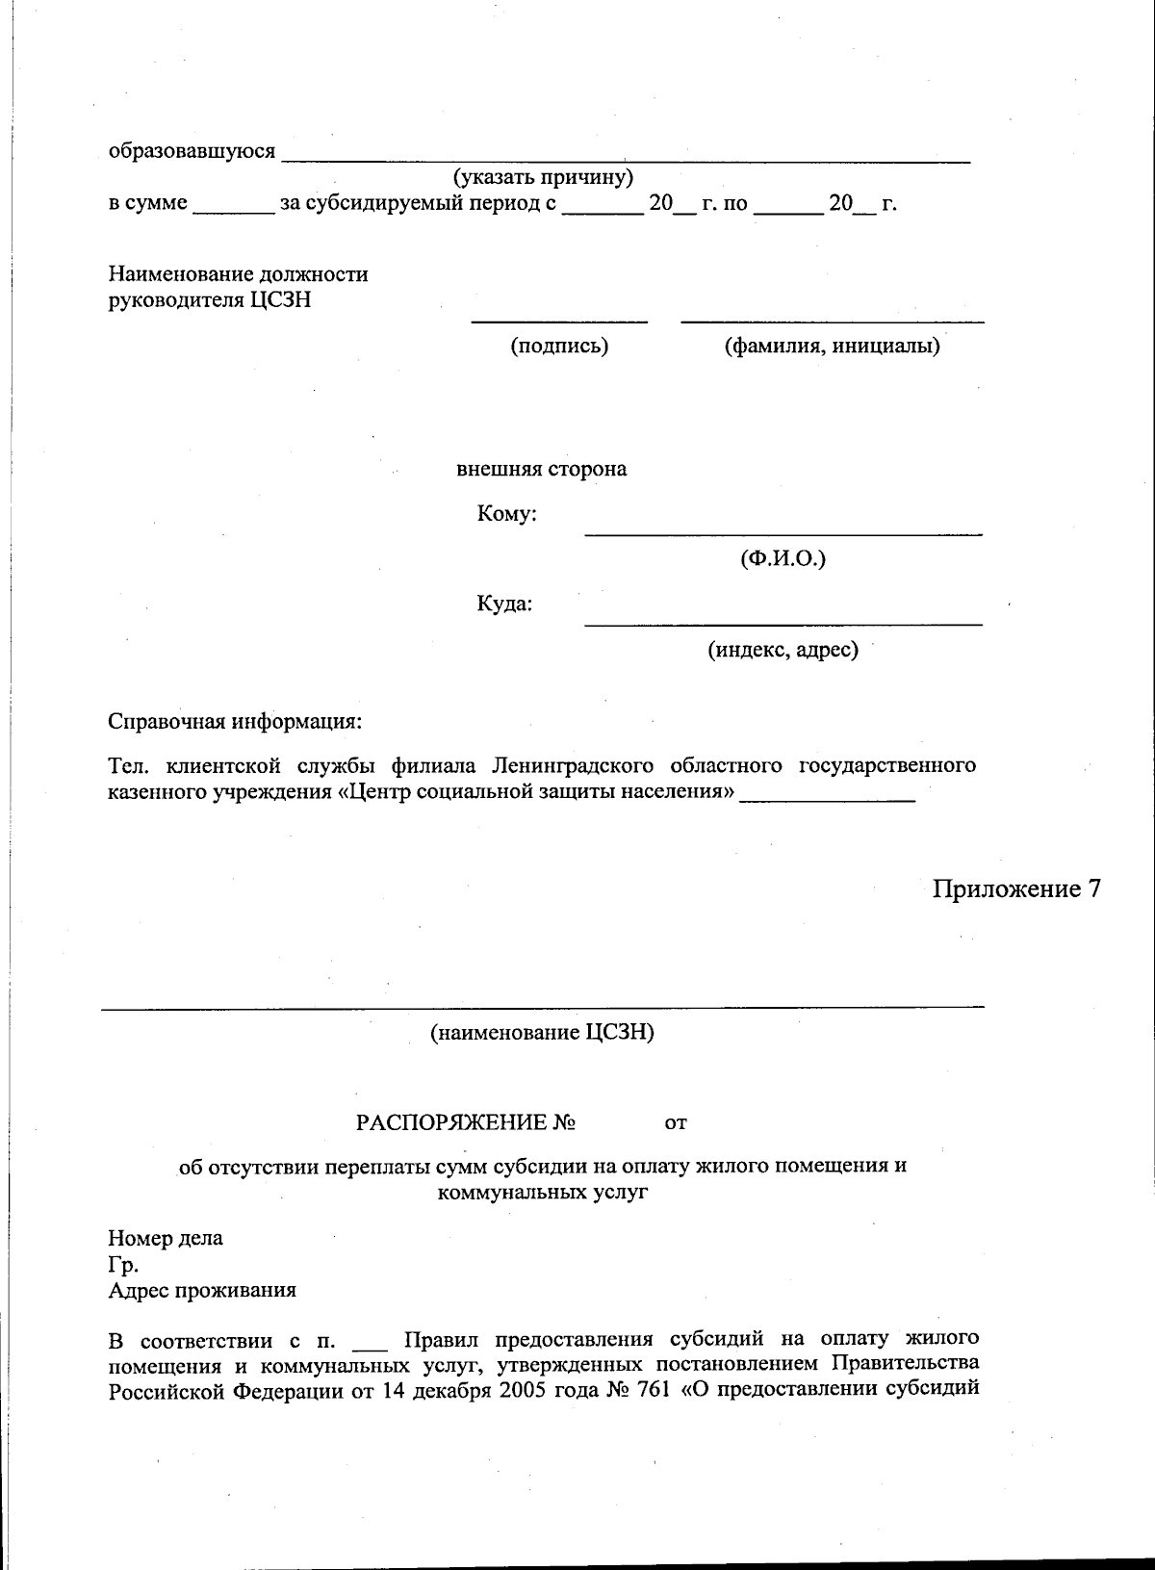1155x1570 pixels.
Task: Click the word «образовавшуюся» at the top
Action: coord(192,151)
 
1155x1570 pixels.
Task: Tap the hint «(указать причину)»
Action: coord(542,177)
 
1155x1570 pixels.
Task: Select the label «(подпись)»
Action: coord(559,346)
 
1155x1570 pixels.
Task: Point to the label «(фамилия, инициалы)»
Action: coord(832,346)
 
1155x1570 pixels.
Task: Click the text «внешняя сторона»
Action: coord(541,469)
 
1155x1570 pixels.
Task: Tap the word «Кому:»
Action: coord(506,514)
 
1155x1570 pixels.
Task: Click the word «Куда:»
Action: coord(504,605)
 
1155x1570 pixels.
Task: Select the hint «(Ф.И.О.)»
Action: coord(783,558)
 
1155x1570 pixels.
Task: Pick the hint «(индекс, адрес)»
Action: coord(783,650)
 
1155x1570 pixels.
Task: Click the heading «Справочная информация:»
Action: coord(235,721)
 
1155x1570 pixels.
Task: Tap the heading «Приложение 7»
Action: coord(1015,888)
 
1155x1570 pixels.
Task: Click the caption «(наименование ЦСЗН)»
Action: coord(542,1033)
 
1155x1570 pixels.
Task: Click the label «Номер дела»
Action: coord(166,1238)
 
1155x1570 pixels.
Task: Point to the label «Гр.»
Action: coord(123,1265)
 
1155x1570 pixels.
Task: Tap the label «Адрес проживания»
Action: coord(202,1291)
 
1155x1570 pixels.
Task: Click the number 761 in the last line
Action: coord(654,1389)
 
